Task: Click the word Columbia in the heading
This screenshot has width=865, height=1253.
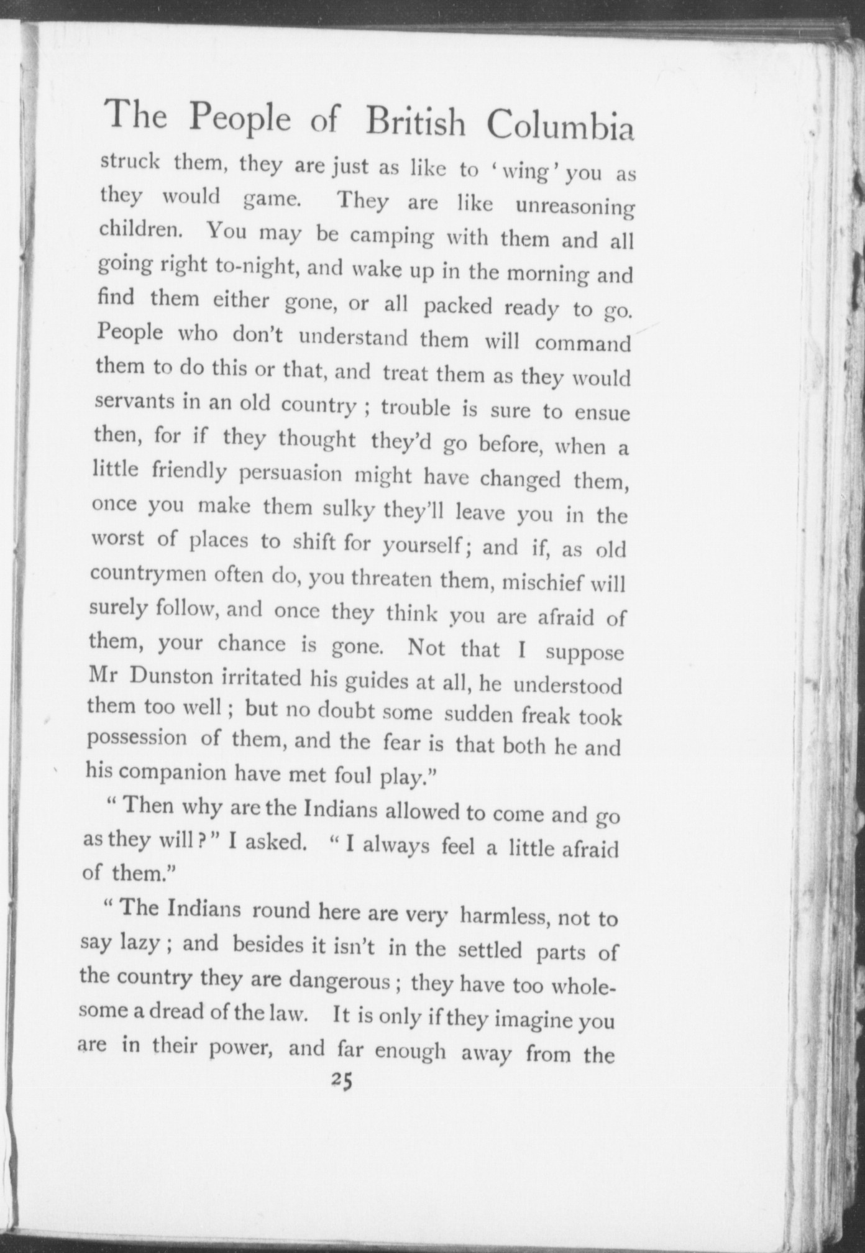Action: (x=560, y=126)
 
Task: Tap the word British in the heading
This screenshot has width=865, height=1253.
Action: (x=415, y=121)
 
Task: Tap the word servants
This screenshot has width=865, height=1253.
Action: (x=135, y=401)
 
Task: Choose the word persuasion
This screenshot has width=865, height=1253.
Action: (x=291, y=475)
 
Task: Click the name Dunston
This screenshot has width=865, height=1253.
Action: (x=165, y=676)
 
